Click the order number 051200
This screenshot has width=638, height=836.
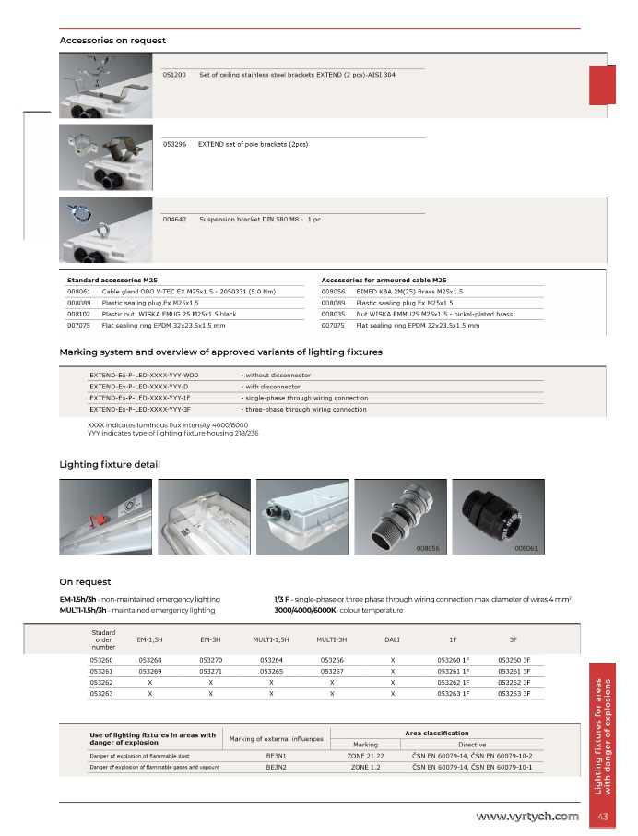(x=174, y=74)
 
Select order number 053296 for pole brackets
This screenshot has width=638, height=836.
(x=174, y=145)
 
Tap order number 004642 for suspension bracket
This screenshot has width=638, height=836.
(x=174, y=220)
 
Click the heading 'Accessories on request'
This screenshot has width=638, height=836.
(x=112, y=41)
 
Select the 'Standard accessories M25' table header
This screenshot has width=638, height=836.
(x=112, y=279)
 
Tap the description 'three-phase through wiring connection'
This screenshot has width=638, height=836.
(x=304, y=409)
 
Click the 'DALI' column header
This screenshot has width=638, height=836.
(x=392, y=639)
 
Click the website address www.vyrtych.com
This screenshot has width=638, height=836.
(x=527, y=816)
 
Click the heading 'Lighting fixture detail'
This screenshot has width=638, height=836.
(x=110, y=464)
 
